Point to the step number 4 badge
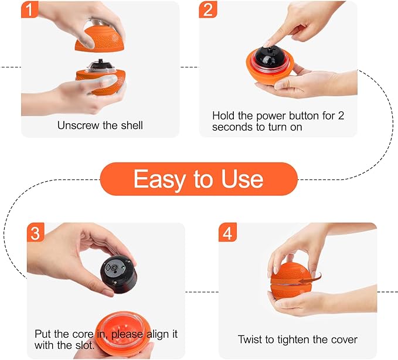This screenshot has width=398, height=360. click(x=228, y=233)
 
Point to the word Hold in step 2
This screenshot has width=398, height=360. click(x=224, y=116)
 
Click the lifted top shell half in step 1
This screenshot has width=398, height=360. click(x=101, y=35)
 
